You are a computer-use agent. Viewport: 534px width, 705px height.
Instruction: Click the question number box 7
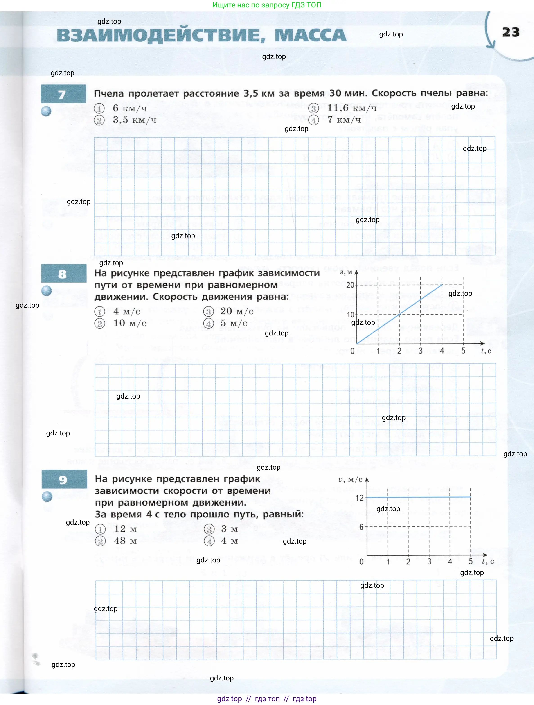point(63,94)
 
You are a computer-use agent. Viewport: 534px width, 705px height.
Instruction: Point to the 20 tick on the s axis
point(350,285)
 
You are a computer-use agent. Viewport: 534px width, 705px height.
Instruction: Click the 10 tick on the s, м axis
point(350,315)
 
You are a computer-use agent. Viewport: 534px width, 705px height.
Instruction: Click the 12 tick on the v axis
point(359,498)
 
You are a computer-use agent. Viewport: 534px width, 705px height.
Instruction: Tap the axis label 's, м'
point(346,272)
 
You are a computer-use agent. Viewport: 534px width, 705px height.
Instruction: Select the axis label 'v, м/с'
point(350,480)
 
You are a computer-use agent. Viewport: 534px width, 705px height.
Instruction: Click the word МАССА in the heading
point(310,35)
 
